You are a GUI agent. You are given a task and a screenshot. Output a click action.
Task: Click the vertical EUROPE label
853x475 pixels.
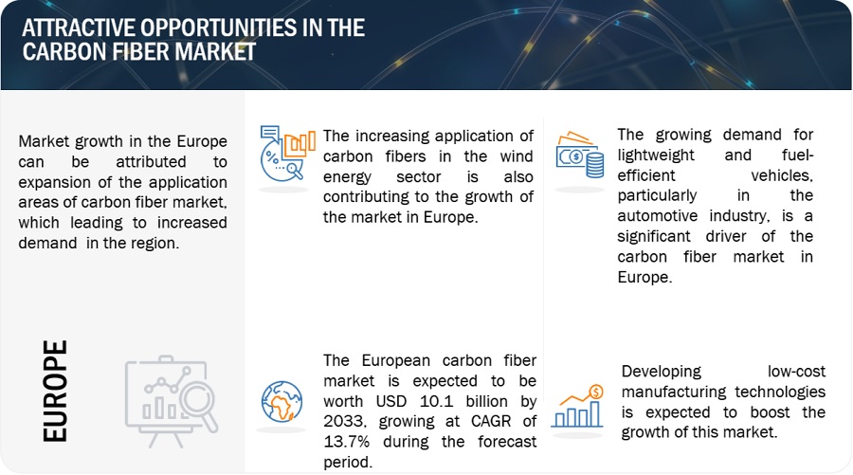pos(55,391)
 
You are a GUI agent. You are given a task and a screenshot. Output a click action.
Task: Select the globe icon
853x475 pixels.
pos(281,402)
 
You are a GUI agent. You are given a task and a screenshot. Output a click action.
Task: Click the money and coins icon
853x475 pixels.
pos(580,155)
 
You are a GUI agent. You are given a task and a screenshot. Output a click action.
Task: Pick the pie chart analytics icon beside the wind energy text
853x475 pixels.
pos(287,154)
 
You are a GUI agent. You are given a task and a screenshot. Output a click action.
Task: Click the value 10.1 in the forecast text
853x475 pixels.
pos(436,401)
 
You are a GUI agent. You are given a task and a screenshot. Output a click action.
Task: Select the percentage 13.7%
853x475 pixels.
pos(347,441)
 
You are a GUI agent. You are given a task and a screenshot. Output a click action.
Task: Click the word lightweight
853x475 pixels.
pos(656,155)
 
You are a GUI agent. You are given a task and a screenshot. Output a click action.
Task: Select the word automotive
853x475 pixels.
pos(657,216)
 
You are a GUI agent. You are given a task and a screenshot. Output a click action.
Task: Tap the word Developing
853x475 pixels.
pos(661,372)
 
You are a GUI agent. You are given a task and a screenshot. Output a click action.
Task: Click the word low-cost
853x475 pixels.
pos(796,371)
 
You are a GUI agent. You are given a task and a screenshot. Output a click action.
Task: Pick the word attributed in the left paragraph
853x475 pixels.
pos(151,161)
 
